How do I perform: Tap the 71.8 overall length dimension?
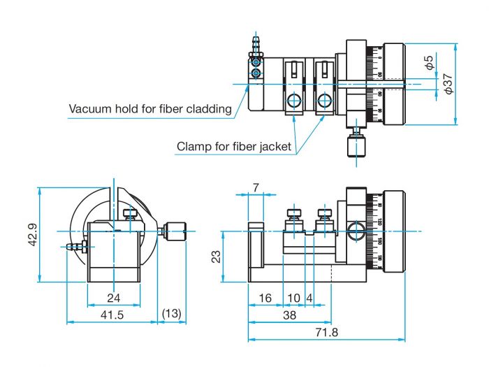(326, 333)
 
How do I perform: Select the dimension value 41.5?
(111, 315)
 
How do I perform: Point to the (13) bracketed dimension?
(171, 315)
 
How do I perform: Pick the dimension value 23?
(217, 257)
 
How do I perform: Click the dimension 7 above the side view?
(255, 188)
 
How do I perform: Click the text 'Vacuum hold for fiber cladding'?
(149, 109)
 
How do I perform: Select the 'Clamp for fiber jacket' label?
(234, 147)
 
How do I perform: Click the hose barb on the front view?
(72, 246)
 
